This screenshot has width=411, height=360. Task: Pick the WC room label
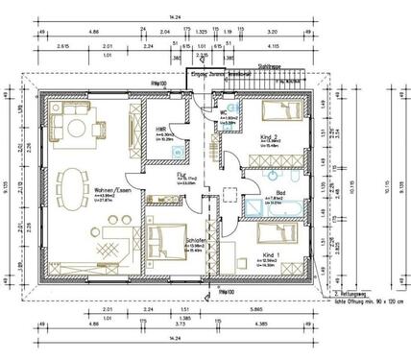(223, 112)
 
